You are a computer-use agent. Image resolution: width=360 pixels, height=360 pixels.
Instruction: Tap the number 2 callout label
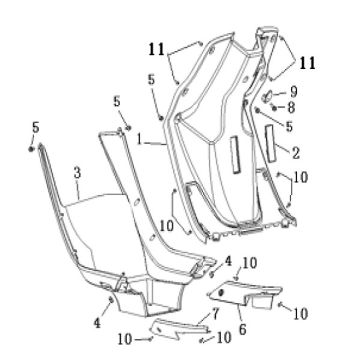click(x=295, y=153)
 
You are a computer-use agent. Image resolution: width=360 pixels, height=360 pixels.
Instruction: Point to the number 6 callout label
click(x=242, y=329)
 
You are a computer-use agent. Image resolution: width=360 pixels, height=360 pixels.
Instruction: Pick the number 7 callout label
click(x=216, y=314)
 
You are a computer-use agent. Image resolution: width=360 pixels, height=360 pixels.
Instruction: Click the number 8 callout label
click(x=291, y=108)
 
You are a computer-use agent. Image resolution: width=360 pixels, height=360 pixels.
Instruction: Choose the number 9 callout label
click(x=293, y=92)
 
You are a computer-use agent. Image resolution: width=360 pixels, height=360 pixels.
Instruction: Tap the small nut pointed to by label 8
click(x=274, y=108)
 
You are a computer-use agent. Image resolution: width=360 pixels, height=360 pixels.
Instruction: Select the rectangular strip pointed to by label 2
click(x=271, y=144)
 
